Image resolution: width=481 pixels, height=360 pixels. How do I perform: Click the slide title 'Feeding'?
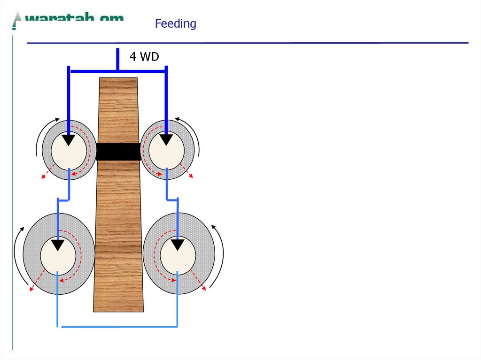point(176,23)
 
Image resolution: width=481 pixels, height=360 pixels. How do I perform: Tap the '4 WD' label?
point(144,57)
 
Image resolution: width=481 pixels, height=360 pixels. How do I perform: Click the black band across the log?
point(118,152)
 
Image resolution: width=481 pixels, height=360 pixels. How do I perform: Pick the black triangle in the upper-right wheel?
point(166,140)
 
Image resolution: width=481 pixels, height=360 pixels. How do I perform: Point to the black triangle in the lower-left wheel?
point(58,245)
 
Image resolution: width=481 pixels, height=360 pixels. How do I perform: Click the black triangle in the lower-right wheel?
point(177,245)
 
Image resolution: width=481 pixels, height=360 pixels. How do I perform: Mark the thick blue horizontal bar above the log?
point(117,71)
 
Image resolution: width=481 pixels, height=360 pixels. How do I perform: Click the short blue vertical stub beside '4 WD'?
point(117,59)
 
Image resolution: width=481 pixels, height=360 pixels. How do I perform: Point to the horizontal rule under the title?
point(248,43)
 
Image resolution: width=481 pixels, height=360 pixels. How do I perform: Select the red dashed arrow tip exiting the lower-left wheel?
point(31,289)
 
